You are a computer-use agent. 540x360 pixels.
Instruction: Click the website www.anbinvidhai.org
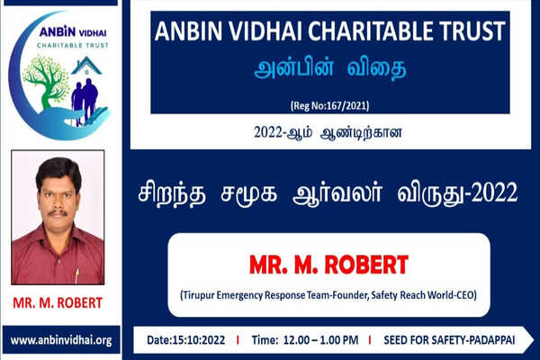(x=61, y=340)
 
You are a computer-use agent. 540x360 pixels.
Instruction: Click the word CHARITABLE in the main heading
(x=370, y=31)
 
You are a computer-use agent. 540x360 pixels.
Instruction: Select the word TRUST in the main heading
(x=472, y=31)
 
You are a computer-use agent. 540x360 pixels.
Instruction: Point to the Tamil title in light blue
(x=330, y=68)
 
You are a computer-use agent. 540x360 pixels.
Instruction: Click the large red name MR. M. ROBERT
(x=328, y=265)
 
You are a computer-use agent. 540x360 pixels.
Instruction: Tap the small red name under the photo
(x=58, y=302)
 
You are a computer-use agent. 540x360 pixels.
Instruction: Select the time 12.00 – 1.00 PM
(x=320, y=340)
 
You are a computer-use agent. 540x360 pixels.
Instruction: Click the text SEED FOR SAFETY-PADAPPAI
(x=449, y=340)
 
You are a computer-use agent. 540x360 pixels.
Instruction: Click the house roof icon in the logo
(x=86, y=66)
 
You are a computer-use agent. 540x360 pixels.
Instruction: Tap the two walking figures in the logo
(x=85, y=103)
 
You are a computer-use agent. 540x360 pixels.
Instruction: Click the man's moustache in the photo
(x=58, y=212)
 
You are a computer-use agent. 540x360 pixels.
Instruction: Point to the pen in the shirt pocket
(x=76, y=275)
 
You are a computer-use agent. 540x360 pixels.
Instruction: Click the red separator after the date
(x=238, y=340)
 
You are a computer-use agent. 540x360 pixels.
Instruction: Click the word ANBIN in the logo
(x=58, y=31)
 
